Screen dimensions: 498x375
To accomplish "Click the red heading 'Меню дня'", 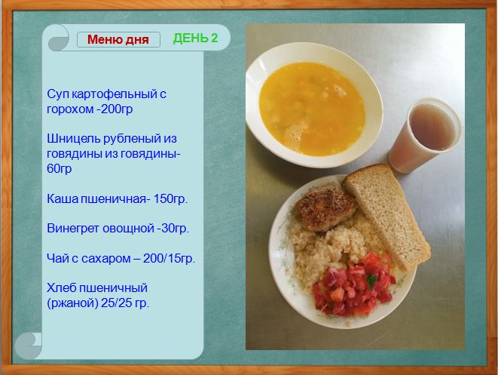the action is [x=118, y=40].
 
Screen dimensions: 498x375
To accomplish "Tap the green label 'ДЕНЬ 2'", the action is [x=195, y=38].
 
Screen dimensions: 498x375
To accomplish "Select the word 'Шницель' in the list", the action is [x=74, y=139].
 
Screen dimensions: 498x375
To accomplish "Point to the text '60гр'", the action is [x=59, y=168].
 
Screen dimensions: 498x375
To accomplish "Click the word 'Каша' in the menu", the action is [x=63, y=198].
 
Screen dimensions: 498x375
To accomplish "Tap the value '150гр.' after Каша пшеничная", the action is [x=170, y=198].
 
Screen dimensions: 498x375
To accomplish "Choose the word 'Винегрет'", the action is [x=73, y=229].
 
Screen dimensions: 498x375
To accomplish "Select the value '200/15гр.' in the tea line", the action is [x=169, y=258].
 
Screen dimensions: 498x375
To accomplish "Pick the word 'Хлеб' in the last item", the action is [x=61, y=287].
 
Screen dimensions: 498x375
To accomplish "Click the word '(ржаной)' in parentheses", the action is [x=72, y=303].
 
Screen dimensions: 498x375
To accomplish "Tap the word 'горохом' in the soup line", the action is [x=70, y=109].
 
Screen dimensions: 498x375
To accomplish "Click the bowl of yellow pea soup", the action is [x=314, y=105].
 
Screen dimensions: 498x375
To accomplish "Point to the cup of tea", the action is [x=425, y=135].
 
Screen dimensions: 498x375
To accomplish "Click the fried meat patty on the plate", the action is [x=325, y=207].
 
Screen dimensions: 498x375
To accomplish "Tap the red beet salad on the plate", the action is [x=354, y=284].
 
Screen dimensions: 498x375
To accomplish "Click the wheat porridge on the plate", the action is [x=327, y=251].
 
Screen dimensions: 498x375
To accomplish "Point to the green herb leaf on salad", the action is [x=371, y=281].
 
